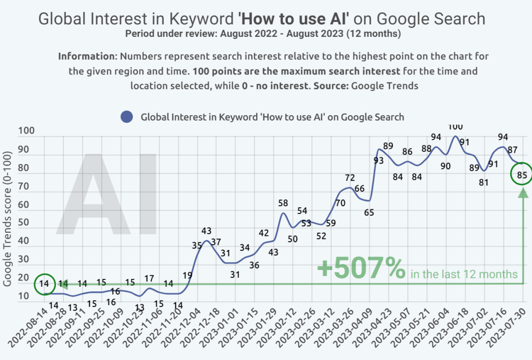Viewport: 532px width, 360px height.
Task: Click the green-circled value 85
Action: tap(522, 175)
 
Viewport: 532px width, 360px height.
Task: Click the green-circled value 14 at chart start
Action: tap(45, 284)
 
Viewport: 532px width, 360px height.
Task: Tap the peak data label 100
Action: tap(455, 127)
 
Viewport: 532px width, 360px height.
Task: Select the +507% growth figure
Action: tap(361, 269)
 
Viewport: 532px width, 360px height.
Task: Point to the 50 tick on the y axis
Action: tap(25, 223)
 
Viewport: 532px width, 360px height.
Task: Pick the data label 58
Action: tap(283, 203)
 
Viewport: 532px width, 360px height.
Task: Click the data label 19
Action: tap(188, 275)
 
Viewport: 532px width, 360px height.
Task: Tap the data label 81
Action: tap(484, 182)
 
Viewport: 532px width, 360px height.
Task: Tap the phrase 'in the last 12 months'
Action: tap(464, 274)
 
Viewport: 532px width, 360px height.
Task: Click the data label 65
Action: tap(369, 212)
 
